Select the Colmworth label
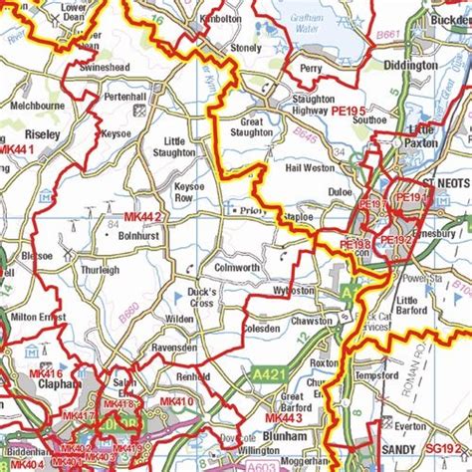pyautogui.click(x=237, y=267)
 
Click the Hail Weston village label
pyautogui.click(x=309, y=169)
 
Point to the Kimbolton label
pyautogui.click(x=221, y=18)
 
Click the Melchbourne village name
pyautogui.click(x=37, y=104)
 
